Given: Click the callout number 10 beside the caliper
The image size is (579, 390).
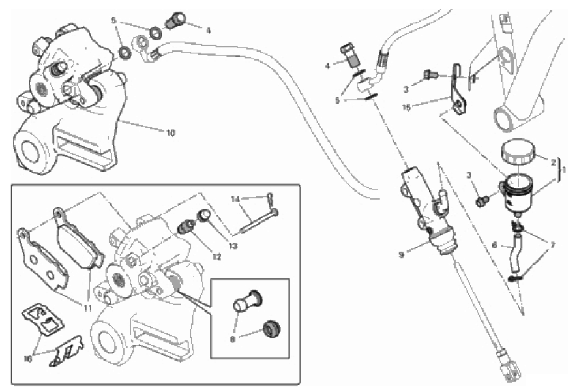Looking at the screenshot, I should (x=170, y=132).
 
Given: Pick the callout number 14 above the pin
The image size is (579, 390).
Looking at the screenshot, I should (x=235, y=197).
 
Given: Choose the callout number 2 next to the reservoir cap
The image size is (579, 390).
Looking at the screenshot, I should (x=554, y=162).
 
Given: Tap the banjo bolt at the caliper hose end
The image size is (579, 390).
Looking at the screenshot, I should (x=175, y=20).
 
